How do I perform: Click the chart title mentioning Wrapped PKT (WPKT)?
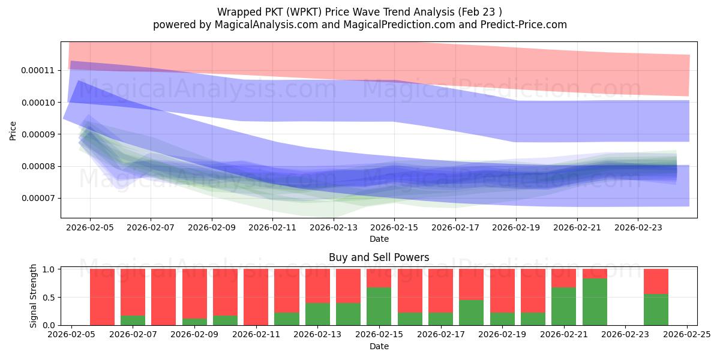[x=359, y=11]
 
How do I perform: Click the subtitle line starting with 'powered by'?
[x=359, y=25]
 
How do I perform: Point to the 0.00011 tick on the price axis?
[x=37, y=70]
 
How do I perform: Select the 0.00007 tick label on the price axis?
[x=37, y=198]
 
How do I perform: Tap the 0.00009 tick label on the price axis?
[x=37, y=134]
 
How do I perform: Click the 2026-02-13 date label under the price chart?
[x=334, y=228]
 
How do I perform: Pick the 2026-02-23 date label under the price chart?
[x=637, y=228]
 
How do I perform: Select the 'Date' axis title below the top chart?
[x=379, y=239]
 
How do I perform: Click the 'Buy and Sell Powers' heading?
[x=379, y=257]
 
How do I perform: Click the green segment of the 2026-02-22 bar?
[x=595, y=302]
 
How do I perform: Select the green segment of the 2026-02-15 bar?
[x=379, y=306]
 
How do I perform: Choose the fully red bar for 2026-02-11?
[x=256, y=297]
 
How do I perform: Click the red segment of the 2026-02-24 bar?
[x=656, y=281]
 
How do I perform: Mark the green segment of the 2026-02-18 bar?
[x=471, y=313]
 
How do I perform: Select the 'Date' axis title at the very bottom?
[x=379, y=346]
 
